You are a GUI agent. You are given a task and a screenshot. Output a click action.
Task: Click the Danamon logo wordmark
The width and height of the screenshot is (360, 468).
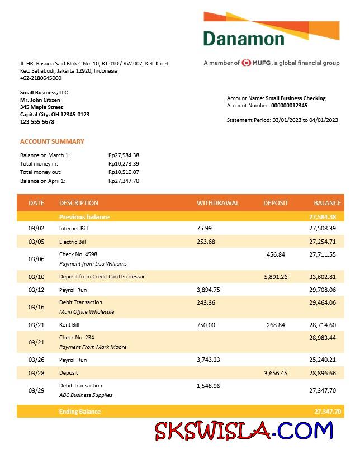pos(244,39)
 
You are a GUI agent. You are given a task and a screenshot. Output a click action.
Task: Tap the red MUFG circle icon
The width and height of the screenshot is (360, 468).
pos(247,63)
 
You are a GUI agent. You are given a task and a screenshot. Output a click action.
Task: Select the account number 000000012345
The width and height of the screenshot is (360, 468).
pos(289,105)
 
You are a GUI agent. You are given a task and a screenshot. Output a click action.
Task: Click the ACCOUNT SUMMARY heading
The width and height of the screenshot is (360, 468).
pos(52,141)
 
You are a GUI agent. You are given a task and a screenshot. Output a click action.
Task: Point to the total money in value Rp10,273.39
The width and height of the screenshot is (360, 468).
pos(124,163)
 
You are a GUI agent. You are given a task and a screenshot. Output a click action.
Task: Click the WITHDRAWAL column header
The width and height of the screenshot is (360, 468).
pos(217,203)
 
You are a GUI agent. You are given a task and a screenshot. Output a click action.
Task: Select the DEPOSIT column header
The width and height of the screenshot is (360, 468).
pos(276,203)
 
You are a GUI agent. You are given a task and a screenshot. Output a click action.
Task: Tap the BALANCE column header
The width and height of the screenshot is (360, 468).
pos(327,203)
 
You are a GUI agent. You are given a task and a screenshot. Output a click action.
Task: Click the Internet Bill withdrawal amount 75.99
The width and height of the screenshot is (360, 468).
pos(205,228)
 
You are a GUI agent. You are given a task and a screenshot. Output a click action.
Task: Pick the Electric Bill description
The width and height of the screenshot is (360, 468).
pos(73,242)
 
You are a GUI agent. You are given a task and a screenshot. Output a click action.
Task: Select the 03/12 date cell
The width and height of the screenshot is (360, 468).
pos(36,290)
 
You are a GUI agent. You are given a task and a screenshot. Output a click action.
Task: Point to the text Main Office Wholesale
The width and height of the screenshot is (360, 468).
pos(87,312)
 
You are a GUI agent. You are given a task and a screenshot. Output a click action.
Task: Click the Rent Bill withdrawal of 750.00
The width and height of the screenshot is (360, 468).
pos(206,325)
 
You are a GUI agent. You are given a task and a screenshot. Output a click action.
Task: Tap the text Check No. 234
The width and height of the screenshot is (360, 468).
pos(77,337)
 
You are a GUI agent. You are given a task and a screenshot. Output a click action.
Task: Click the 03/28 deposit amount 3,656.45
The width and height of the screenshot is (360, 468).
pos(276,372)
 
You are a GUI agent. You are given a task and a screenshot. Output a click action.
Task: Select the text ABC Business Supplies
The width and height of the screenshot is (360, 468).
pos(86,395)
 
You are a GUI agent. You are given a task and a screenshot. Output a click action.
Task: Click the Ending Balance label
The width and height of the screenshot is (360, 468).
pos(80,412)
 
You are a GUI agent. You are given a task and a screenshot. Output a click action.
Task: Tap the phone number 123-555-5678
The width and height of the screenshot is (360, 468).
pos(37,121)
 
